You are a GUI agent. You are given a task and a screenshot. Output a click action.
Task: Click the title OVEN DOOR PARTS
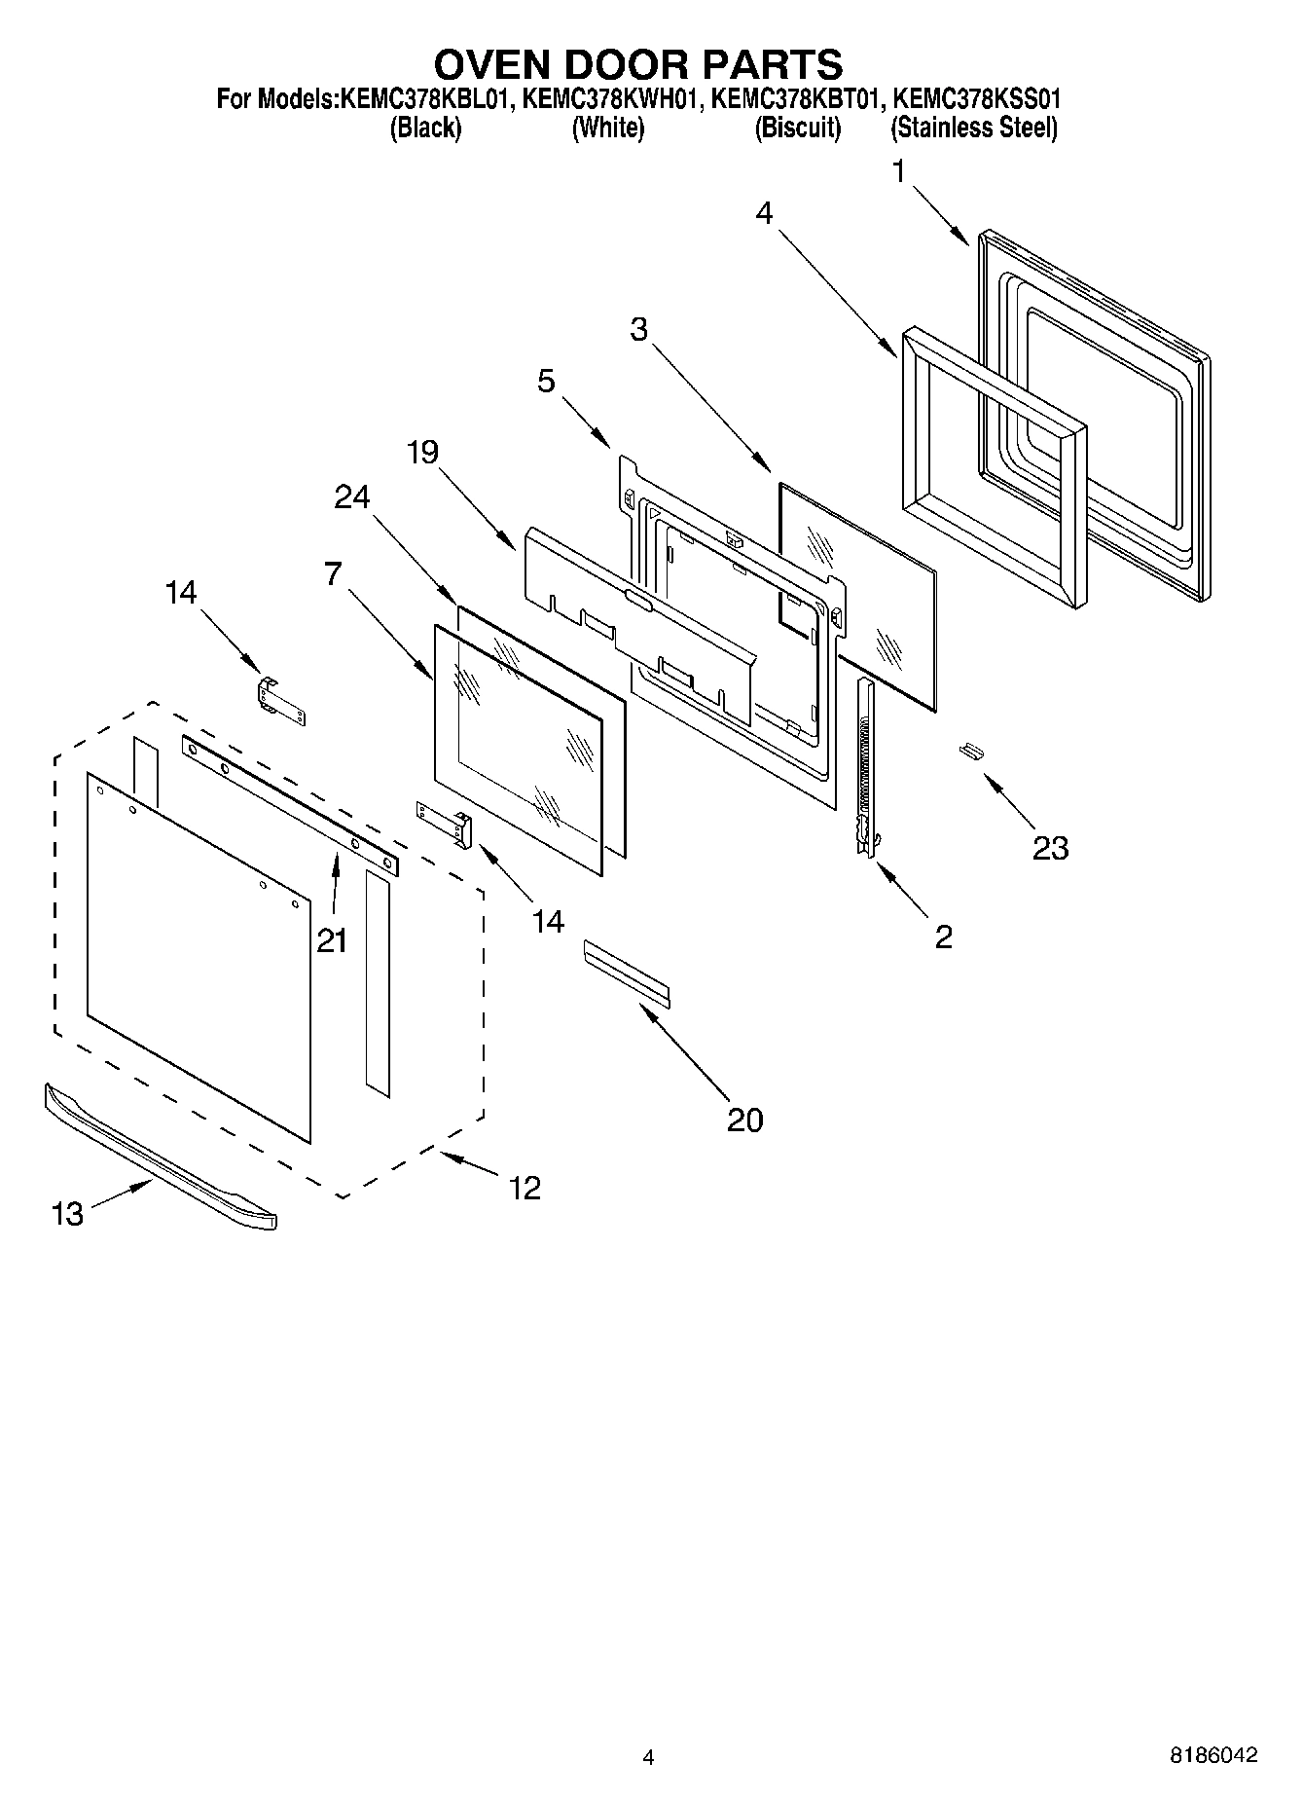point(637,64)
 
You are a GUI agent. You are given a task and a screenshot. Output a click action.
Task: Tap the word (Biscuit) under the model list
point(797,128)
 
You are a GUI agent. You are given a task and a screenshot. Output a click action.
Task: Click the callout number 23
point(1050,848)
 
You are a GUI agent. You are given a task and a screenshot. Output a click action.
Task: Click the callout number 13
point(67,1214)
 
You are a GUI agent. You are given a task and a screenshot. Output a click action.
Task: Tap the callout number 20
point(744,1120)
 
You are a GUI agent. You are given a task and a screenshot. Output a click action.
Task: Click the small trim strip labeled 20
point(627,971)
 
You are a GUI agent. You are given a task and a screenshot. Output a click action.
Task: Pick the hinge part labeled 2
point(865,769)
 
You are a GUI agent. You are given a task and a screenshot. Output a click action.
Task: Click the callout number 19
point(422,452)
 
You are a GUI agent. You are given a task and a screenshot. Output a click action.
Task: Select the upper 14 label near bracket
point(180,592)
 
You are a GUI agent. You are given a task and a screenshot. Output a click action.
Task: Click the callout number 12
point(525,1188)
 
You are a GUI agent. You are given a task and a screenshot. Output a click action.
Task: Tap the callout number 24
point(351,496)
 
